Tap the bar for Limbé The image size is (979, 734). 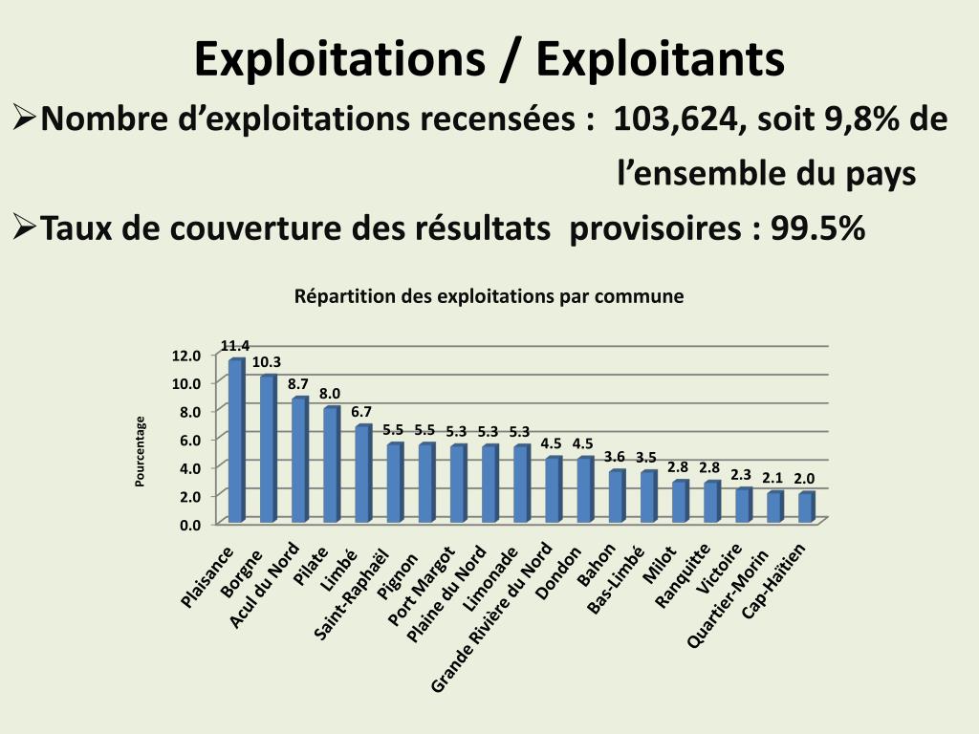click(362, 473)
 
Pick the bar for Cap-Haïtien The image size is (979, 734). click(806, 507)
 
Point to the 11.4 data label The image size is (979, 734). click(235, 345)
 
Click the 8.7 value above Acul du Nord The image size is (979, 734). click(297, 383)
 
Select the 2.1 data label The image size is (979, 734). click(772, 477)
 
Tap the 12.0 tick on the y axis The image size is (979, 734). click(186, 356)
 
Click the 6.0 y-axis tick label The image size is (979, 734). click(186, 440)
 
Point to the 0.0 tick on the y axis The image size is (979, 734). click(186, 524)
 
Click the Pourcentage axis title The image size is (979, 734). click(140, 451)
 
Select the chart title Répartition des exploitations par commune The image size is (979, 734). click(489, 296)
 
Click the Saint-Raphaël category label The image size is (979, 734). click(354, 593)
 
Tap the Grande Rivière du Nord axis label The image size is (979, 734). click(492, 616)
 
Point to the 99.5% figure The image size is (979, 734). click(818, 229)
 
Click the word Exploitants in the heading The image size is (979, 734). click(660, 58)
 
